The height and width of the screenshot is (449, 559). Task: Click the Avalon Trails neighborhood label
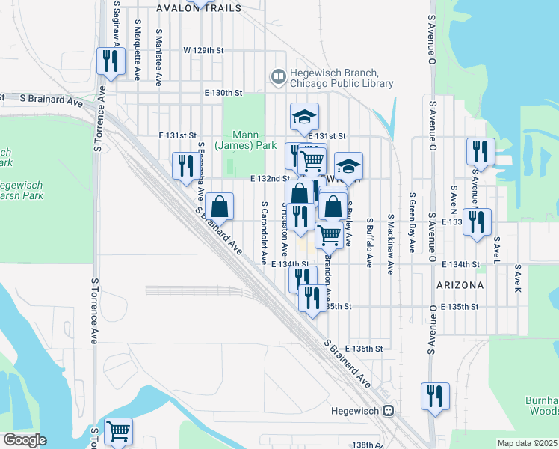pos(199,8)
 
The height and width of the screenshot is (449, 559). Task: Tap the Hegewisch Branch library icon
pos(278,76)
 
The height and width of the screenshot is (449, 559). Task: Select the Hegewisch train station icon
pos(388,410)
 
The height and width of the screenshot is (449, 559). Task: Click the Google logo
pos(24,440)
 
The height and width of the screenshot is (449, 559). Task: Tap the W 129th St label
pos(203,50)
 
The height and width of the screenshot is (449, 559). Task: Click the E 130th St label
pos(224,93)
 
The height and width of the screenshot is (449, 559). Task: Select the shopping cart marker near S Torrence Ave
pos(118,431)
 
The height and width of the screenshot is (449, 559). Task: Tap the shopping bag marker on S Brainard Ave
pos(220,206)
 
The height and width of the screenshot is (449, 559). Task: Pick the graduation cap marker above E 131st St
pos(305,116)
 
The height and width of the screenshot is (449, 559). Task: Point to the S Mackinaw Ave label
pos(390,244)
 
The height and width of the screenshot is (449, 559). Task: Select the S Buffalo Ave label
pos(369,242)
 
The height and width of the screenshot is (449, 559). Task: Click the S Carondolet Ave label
pos(264,232)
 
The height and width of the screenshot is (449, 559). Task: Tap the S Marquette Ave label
pos(138,49)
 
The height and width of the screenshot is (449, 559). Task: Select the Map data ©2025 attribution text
pos(527,443)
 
